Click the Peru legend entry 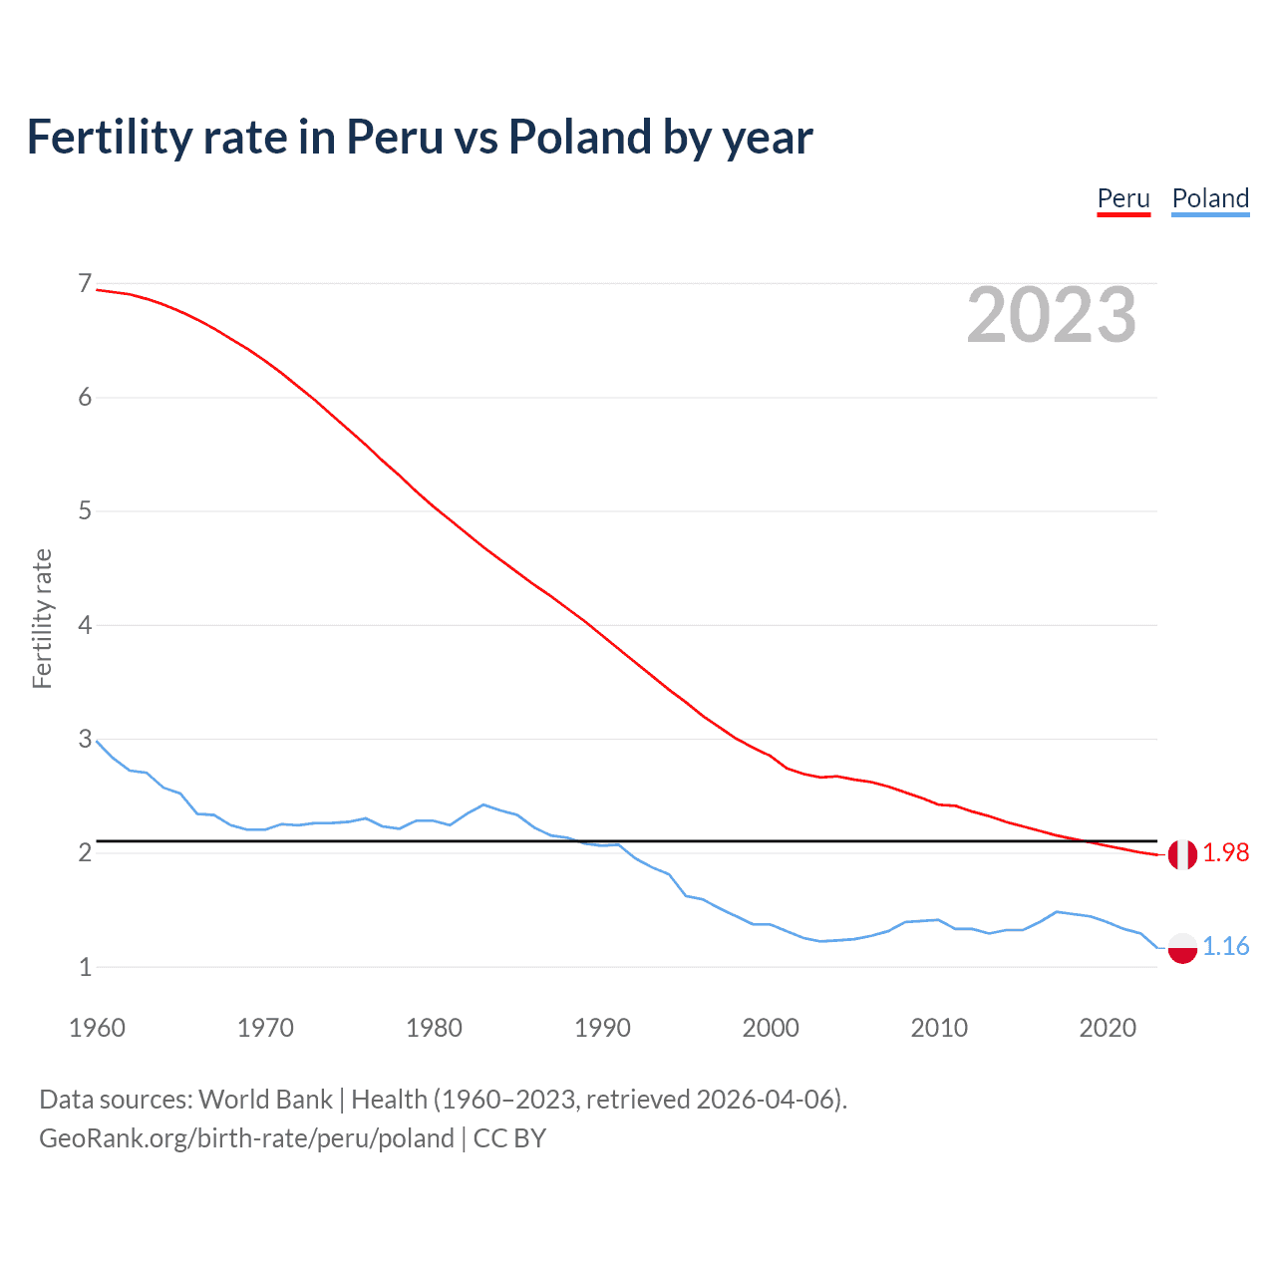point(1123,198)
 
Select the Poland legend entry point(1210,198)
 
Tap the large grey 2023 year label point(1051,315)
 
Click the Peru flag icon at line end point(1182,854)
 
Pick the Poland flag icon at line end point(1182,947)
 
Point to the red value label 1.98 point(1225,853)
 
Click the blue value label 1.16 point(1225,946)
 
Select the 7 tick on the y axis point(85,284)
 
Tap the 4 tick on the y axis point(85,625)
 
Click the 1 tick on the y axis point(85,967)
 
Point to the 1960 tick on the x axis point(97,1028)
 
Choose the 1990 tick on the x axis point(602,1028)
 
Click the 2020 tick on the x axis point(1108,1028)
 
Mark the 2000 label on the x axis point(771,1028)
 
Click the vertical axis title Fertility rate point(42,618)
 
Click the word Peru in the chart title point(395,138)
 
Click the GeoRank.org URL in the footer point(246,1138)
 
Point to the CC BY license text point(509,1138)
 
